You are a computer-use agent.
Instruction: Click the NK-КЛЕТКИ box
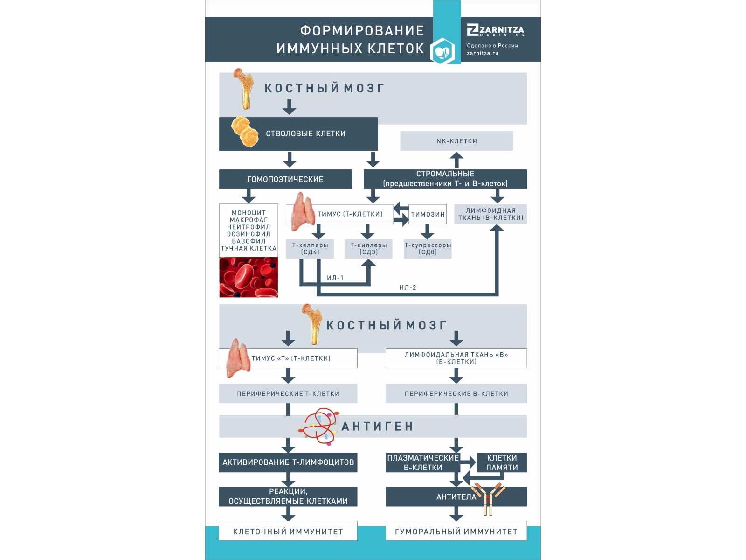point(456,141)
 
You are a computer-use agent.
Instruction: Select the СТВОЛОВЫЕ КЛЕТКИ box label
point(306,133)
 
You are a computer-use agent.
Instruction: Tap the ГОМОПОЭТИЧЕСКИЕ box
point(285,179)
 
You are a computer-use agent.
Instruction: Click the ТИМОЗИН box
point(428,214)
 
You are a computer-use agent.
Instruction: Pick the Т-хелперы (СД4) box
point(310,249)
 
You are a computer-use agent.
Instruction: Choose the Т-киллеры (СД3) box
point(368,249)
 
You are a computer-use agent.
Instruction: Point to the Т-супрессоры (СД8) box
point(428,249)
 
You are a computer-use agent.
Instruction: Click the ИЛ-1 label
point(335,278)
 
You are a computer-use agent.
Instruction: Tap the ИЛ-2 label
point(408,287)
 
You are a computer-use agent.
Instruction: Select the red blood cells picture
point(249,277)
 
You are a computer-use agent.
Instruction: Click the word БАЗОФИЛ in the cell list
point(249,241)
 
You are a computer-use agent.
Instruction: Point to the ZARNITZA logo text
point(496,31)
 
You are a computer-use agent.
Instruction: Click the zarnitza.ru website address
point(483,53)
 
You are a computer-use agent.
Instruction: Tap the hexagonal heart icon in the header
point(442,51)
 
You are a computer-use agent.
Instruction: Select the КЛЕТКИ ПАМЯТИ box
point(502,462)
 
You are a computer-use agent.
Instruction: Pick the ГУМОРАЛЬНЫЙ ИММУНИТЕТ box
point(456,532)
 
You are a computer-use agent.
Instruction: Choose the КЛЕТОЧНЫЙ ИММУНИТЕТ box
point(288,532)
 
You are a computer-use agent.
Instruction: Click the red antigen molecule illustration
point(319,426)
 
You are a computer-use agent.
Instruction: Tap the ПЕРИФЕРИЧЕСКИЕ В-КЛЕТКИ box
point(456,394)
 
